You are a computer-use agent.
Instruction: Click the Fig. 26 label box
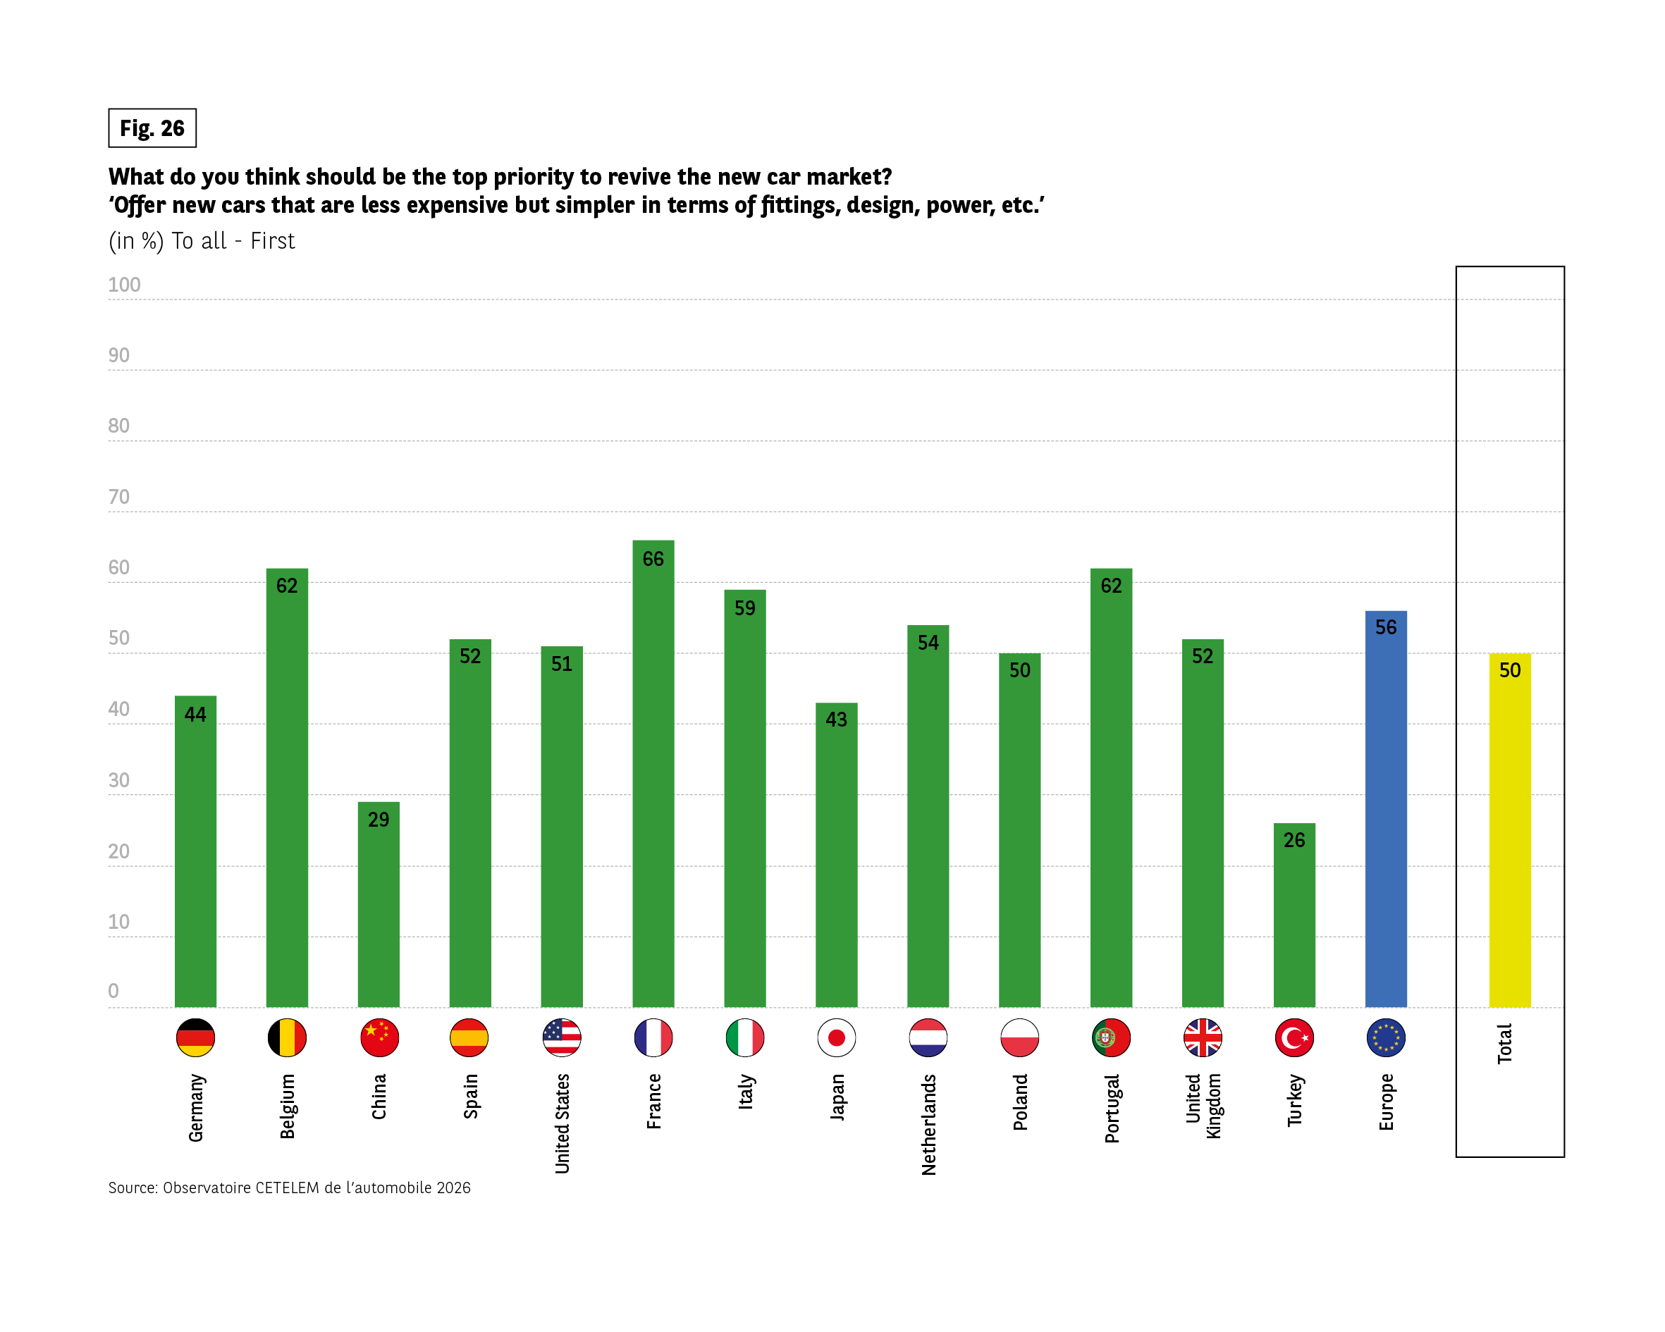pyautogui.click(x=152, y=128)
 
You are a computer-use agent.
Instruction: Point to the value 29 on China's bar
pyautogui.click(x=379, y=819)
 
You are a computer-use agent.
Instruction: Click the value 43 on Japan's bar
pyautogui.click(x=836, y=720)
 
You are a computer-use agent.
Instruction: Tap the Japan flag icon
pyautogui.click(x=836, y=1038)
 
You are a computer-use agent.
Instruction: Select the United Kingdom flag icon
pyautogui.click(x=1203, y=1038)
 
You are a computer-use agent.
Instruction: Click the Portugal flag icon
pyautogui.click(x=1111, y=1038)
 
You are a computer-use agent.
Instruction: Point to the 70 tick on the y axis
pyautogui.click(x=119, y=497)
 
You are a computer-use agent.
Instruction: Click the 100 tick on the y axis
pyautogui.click(x=124, y=285)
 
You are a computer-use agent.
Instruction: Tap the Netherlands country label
pyautogui.click(x=928, y=1124)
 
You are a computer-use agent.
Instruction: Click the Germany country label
pyautogui.click(x=196, y=1107)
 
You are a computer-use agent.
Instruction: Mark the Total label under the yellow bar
pyautogui.click(x=1504, y=1044)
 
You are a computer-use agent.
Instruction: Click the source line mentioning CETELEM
pyautogui.click(x=290, y=1188)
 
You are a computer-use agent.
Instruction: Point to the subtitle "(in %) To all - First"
pyautogui.click(x=202, y=241)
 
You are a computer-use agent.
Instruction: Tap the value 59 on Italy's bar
pyautogui.click(x=744, y=608)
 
